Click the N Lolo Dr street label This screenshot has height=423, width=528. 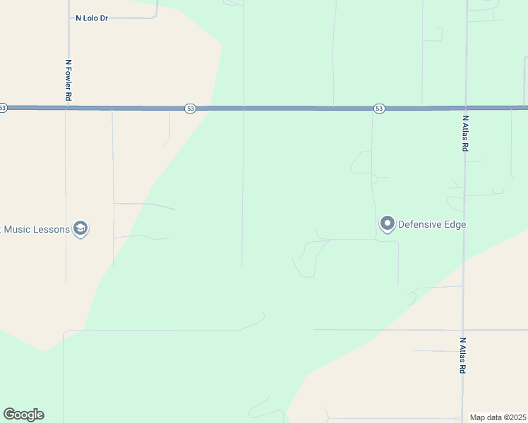(x=91, y=18)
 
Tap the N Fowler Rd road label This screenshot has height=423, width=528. (x=68, y=80)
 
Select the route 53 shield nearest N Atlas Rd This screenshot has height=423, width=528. (x=380, y=109)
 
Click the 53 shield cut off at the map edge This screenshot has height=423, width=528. (x=3, y=108)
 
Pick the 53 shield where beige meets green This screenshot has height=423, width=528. (x=190, y=109)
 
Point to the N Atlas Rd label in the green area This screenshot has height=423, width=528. (x=465, y=134)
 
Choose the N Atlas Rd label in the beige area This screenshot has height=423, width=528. (x=463, y=355)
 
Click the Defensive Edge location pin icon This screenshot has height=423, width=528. (x=387, y=223)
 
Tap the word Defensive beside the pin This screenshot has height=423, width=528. (x=420, y=225)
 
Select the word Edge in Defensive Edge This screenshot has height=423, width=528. (x=455, y=225)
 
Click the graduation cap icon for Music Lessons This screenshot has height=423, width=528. (x=80, y=228)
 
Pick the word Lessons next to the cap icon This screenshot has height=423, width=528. (x=53, y=229)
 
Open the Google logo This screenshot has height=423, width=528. (x=23, y=415)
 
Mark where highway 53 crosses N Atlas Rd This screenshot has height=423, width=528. (x=465, y=108)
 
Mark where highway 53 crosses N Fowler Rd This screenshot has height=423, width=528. (x=67, y=108)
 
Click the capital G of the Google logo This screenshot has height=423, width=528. (x=8, y=415)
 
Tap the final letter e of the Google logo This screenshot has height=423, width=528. (x=40, y=415)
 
